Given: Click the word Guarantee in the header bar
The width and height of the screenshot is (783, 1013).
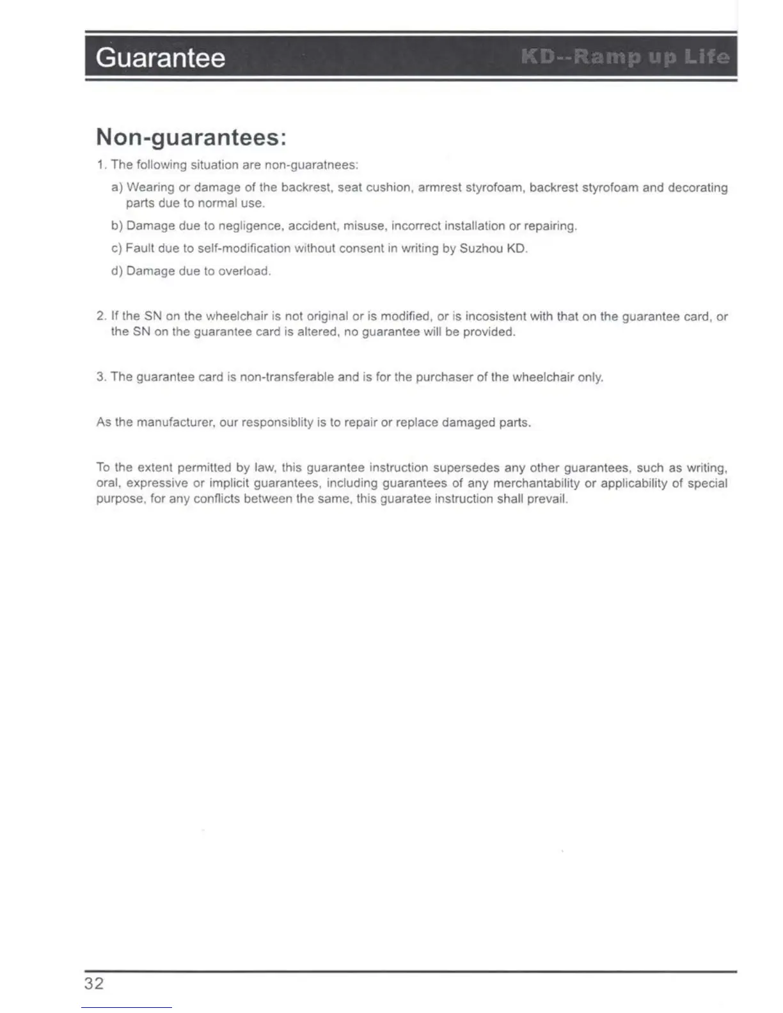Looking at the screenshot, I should click(160, 58).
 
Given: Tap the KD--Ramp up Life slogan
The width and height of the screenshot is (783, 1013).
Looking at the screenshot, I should click(625, 58).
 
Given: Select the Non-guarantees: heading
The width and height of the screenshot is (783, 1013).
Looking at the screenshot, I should click(191, 137).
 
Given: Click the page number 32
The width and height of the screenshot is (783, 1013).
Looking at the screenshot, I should click(93, 983).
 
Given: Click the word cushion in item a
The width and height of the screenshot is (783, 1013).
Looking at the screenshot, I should click(388, 187).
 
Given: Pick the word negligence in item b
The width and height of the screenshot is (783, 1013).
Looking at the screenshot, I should click(251, 226).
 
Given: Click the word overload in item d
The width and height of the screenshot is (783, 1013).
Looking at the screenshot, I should click(244, 271).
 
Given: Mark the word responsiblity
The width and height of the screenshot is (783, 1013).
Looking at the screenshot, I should click(278, 423).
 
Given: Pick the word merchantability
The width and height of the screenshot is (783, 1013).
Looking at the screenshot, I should click(536, 483).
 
